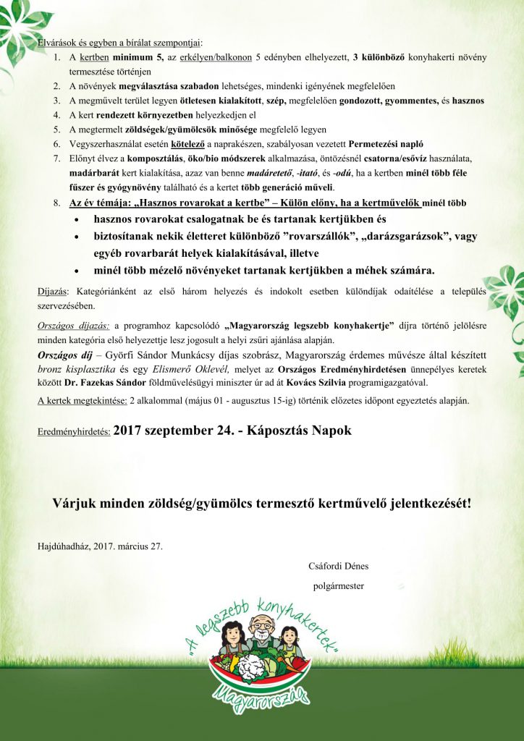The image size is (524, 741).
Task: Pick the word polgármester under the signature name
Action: (x=338, y=585)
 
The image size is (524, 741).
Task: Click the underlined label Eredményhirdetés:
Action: (x=74, y=431)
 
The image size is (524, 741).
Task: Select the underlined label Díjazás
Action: (x=52, y=291)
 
